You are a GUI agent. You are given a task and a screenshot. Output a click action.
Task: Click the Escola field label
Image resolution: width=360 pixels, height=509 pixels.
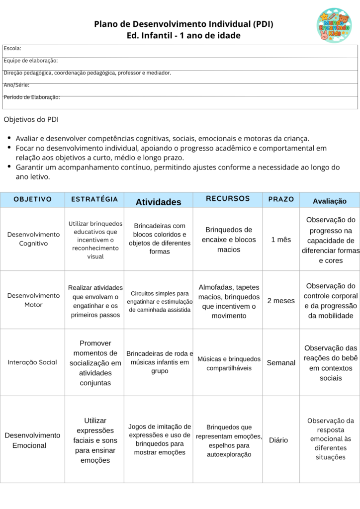(x=12, y=48)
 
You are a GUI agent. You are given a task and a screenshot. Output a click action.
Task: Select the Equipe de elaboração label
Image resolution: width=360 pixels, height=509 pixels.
(x=31, y=61)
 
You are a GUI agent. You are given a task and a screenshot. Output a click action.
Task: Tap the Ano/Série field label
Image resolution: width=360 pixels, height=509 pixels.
(x=16, y=85)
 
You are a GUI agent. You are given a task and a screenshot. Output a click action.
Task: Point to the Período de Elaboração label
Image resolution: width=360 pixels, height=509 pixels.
(x=32, y=97)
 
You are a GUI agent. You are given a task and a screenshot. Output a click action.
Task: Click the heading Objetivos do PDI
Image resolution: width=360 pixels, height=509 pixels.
(x=31, y=120)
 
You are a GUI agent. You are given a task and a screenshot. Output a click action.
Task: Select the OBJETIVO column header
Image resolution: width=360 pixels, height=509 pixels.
(x=32, y=199)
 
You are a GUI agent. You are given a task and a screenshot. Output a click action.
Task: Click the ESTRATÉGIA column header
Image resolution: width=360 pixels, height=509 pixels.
(x=94, y=199)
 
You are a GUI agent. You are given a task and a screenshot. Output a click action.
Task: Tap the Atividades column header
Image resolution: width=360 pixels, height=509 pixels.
(x=159, y=202)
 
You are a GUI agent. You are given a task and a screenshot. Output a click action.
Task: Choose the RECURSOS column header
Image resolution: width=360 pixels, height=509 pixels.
(x=228, y=199)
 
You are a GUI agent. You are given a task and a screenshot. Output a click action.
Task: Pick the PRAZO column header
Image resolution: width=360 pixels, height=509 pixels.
(x=281, y=199)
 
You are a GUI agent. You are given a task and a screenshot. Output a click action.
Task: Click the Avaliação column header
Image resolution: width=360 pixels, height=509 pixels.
(x=330, y=201)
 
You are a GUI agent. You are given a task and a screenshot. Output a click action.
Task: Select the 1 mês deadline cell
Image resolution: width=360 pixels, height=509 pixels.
(x=281, y=240)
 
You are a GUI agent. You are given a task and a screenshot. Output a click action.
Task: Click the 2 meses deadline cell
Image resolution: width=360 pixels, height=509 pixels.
(x=281, y=301)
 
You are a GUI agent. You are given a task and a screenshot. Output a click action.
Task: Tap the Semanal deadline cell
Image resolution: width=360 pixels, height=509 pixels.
(x=281, y=363)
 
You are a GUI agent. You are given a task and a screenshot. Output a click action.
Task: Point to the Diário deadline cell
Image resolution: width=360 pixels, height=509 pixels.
(x=278, y=440)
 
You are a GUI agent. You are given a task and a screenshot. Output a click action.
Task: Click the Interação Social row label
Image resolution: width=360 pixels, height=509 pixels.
(x=32, y=362)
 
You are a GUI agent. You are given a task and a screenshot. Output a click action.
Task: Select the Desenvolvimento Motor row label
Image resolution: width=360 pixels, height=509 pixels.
(x=33, y=300)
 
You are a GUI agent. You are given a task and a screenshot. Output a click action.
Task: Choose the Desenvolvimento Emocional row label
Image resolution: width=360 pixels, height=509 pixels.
(x=32, y=440)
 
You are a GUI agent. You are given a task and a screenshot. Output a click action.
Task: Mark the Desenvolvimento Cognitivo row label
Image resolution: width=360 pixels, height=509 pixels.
(x=33, y=239)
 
